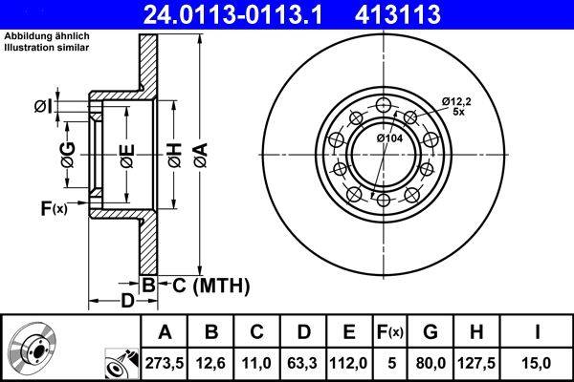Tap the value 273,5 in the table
165,362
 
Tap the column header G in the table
430,331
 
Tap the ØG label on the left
67,152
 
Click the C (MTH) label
205,284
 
